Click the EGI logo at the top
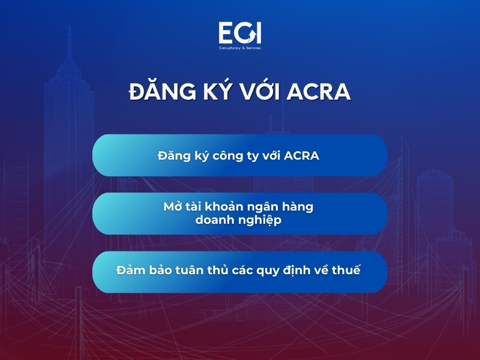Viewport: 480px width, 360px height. coord(239,32)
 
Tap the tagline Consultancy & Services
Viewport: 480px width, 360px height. coord(239,47)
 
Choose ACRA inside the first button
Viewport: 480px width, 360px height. coord(301,155)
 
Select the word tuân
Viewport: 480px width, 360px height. coord(188,270)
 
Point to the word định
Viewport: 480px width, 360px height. coord(297,270)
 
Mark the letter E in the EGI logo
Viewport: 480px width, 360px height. coord(227,32)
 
